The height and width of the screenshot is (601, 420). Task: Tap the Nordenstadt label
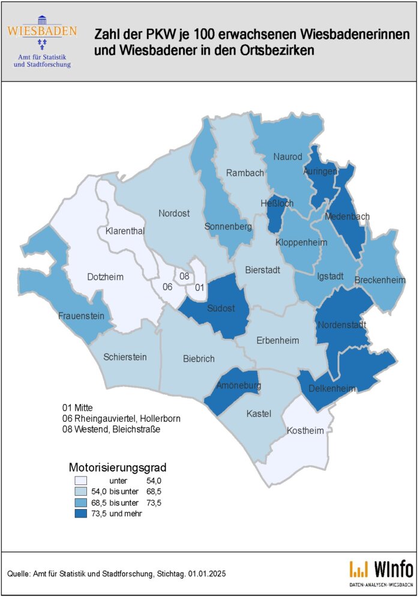[x=341, y=325]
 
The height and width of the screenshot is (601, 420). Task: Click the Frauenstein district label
[x=82, y=316]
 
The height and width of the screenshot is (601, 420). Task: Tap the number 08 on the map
[x=185, y=276]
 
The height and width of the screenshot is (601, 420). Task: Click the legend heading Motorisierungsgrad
[x=117, y=466]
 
